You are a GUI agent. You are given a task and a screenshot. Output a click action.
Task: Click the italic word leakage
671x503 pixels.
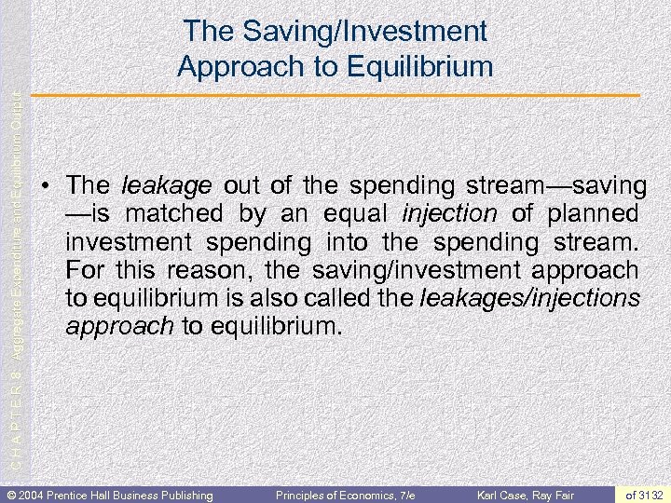coord(155,185)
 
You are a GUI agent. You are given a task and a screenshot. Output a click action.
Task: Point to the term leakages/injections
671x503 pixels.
coord(531,299)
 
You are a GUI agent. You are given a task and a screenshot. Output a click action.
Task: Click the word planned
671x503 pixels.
coord(593,213)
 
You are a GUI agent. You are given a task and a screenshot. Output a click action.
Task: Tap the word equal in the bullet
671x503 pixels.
coord(358,213)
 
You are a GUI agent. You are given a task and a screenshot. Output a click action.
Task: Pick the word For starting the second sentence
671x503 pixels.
coord(85,271)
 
